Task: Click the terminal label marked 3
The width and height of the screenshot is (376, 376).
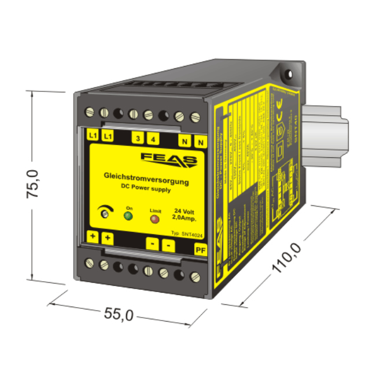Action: [138, 138]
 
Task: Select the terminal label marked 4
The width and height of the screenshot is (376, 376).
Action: [153, 138]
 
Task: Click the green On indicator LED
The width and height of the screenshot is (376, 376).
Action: [128, 217]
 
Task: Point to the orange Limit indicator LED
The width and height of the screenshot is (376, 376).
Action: [155, 219]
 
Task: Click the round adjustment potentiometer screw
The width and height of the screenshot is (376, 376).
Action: [105, 214]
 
